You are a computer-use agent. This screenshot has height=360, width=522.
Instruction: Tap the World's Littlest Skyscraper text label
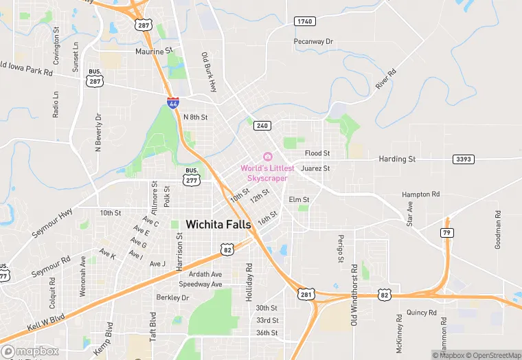(x=267, y=173)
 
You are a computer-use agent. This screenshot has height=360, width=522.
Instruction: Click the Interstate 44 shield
(x=174, y=103)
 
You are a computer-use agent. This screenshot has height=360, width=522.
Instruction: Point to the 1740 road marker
(x=304, y=22)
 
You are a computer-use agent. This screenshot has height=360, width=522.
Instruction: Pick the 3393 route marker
(x=464, y=159)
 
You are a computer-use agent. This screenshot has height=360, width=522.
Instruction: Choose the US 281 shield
(x=306, y=293)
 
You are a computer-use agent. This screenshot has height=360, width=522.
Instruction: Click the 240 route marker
(x=262, y=125)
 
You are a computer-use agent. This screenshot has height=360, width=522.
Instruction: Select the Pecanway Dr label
(x=313, y=42)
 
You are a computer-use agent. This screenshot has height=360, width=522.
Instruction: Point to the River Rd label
(x=386, y=79)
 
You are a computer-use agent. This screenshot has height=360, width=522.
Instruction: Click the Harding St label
(x=397, y=159)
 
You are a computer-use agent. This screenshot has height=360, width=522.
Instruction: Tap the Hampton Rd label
(x=420, y=194)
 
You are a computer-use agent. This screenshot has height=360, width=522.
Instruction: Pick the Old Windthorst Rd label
(x=354, y=294)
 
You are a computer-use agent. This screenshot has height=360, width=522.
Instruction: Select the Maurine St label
(x=154, y=52)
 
